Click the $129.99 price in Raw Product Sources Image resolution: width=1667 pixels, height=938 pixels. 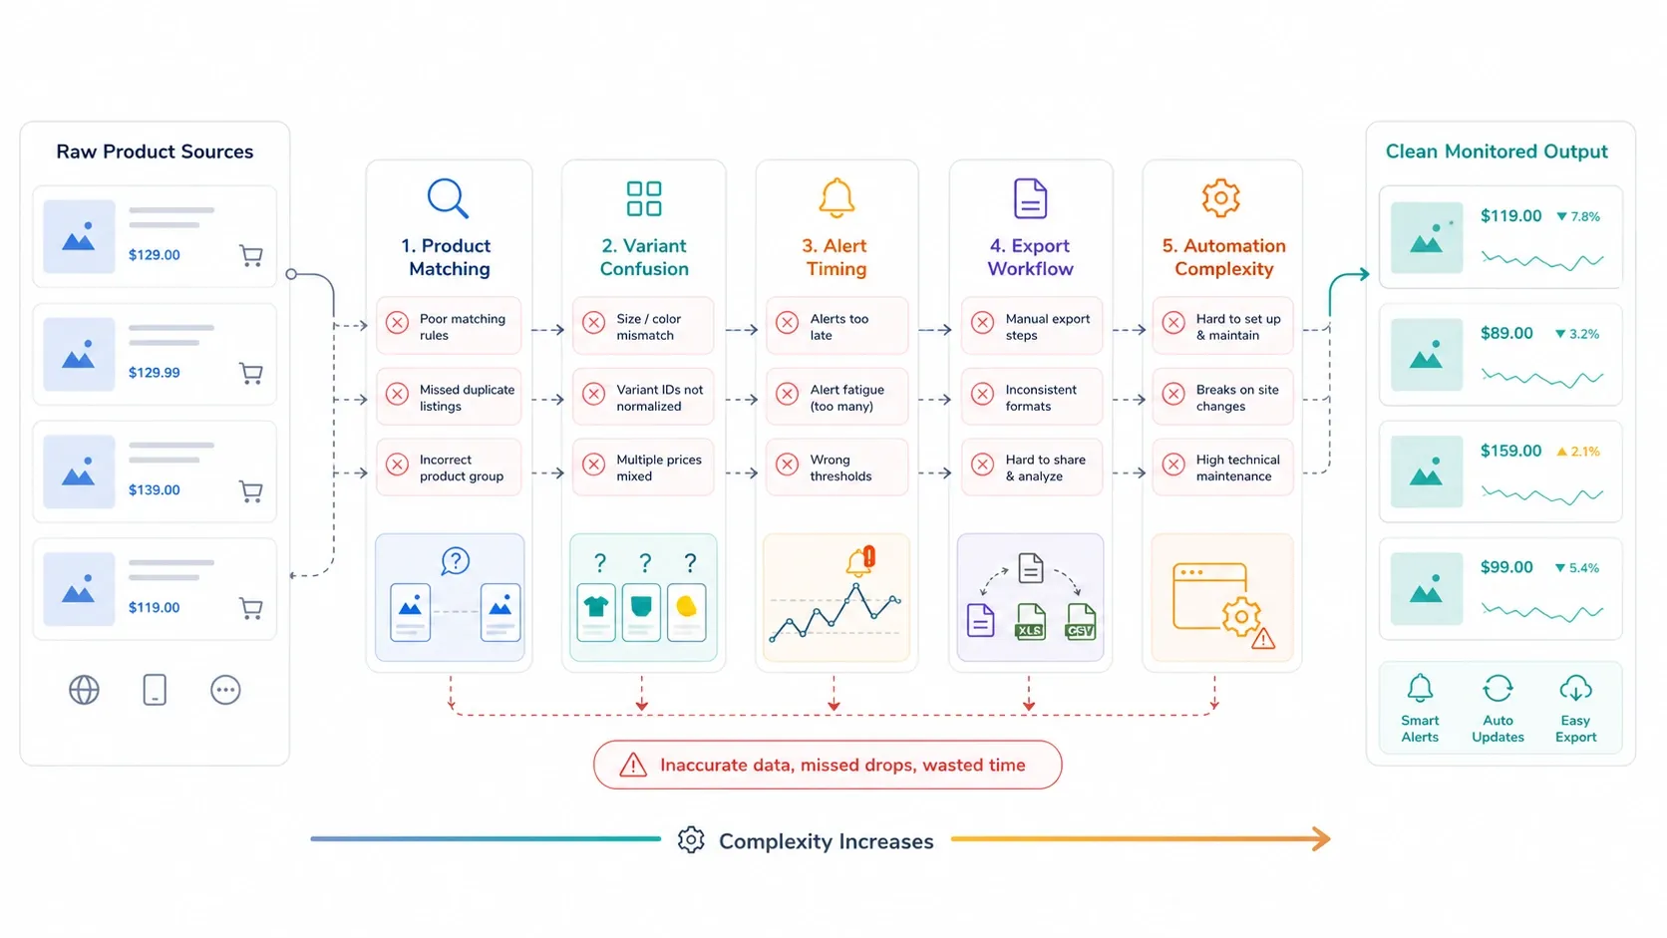pyautogui.click(x=155, y=373)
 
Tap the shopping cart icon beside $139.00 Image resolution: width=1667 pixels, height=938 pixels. pyautogui.click(x=251, y=491)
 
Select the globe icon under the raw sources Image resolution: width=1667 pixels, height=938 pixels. pyautogui.click(x=84, y=690)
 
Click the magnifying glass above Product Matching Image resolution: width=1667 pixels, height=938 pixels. pyautogui.click(x=448, y=197)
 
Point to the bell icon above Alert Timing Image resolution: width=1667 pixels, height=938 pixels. pyautogui.click(x=836, y=197)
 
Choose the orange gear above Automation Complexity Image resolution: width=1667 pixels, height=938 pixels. pyautogui.click(x=1221, y=197)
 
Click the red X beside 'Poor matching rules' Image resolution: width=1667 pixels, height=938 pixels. pyautogui.click(x=398, y=323)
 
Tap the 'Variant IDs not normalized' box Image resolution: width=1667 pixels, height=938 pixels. pyautogui.click(x=643, y=397)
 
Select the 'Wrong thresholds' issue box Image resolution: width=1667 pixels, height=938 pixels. pyautogui.click(x=836, y=468)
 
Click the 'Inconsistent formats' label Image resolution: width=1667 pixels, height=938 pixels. pyautogui.click(x=1041, y=398)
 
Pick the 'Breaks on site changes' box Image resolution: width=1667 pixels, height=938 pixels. pyautogui.click(x=1222, y=397)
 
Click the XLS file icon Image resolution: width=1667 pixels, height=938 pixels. pyautogui.click(x=1030, y=621)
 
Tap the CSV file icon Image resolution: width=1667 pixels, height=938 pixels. pyautogui.click(x=1081, y=621)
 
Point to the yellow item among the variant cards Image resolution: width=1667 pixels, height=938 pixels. pyautogui.click(x=686, y=606)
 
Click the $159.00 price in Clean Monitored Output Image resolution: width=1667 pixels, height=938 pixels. pyautogui.click(x=1510, y=451)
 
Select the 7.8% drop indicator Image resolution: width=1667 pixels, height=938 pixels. pyautogui.click(x=1577, y=216)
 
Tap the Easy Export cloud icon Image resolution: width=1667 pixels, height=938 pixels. pyautogui.click(x=1575, y=689)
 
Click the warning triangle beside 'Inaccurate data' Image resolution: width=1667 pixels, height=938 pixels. pyautogui.click(x=633, y=764)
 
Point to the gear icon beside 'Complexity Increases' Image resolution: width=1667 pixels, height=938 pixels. pyautogui.click(x=691, y=839)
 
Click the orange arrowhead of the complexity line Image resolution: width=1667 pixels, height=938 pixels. pyautogui.click(x=1322, y=839)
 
